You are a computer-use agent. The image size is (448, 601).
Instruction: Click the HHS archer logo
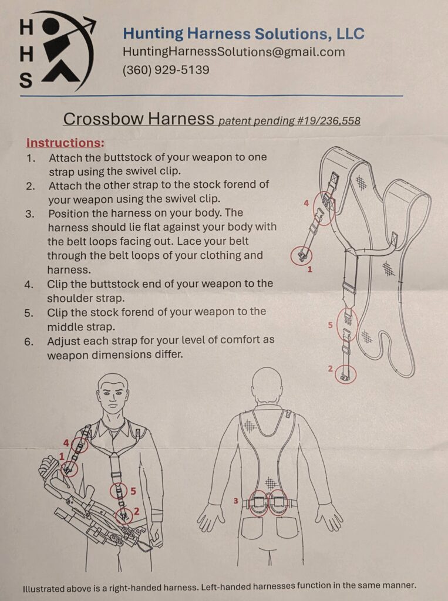pyautogui.click(x=58, y=52)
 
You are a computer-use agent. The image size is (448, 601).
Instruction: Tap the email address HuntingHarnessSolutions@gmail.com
pyautogui.click(x=234, y=52)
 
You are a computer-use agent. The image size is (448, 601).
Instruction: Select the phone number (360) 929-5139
pyautogui.click(x=166, y=70)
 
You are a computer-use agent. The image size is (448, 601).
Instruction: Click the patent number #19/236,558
pyautogui.click(x=328, y=121)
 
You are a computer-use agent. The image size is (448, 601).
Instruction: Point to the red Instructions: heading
pyautogui.click(x=65, y=143)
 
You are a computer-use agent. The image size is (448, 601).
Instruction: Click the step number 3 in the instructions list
pyautogui.click(x=30, y=214)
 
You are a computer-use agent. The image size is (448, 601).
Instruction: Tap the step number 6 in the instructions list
pyautogui.click(x=29, y=342)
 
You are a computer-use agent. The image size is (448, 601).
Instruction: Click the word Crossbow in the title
pyautogui.click(x=103, y=119)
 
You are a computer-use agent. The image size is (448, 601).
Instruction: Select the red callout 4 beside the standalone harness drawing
pyautogui.click(x=306, y=203)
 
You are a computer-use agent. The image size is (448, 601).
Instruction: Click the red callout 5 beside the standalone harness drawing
pyautogui.click(x=330, y=325)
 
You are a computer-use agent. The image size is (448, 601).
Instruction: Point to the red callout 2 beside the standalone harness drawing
pyautogui.click(x=330, y=369)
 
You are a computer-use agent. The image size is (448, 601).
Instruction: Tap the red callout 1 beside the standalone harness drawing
pyautogui.click(x=310, y=269)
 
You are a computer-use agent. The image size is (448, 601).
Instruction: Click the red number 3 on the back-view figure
pyautogui.click(x=236, y=501)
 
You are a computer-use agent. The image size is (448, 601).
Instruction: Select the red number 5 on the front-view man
pyautogui.click(x=133, y=491)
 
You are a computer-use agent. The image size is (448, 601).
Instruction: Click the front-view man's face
pyautogui.click(x=112, y=397)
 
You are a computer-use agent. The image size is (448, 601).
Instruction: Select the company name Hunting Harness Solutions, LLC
pyautogui.click(x=244, y=33)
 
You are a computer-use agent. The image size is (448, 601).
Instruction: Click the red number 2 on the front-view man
pyautogui.click(x=136, y=511)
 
